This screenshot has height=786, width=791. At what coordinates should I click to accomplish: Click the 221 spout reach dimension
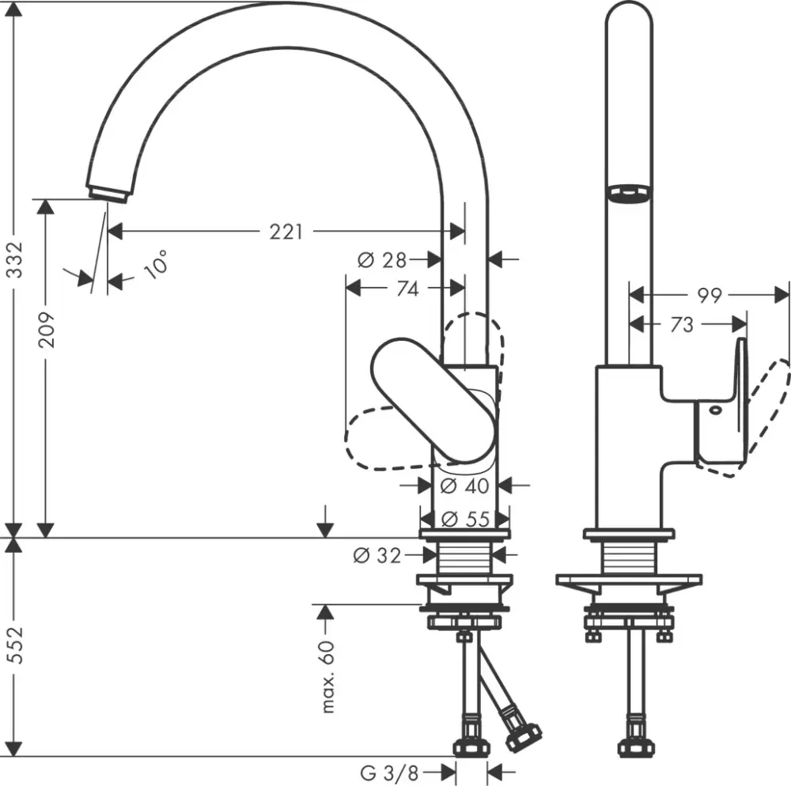click(x=286, y=232)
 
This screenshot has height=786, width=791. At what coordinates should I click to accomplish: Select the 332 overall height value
click(x=15, y=262)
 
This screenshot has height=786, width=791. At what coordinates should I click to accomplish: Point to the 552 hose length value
click(x=15, y=647)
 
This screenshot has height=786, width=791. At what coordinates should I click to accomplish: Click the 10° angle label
click(x=156, y=263)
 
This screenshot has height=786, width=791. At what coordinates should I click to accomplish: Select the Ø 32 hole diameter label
click(x=377, y=556)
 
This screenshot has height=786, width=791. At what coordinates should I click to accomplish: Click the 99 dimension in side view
click(x=710, y=295)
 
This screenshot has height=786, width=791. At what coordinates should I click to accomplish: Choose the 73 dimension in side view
click(x=682, y=324)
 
